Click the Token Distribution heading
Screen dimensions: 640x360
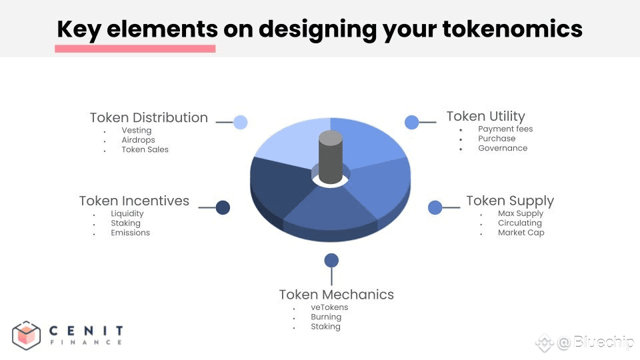(149, 117)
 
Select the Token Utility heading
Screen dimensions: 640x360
(486, 116)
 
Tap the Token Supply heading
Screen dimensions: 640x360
(510, 201)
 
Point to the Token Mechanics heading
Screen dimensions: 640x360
(336, 294)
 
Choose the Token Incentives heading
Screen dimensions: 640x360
(134, 201)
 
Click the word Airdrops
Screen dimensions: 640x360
(139, 140)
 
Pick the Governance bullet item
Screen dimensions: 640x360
(503, 148)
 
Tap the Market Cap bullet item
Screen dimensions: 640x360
(521, 233)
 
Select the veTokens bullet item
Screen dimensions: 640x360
(329, 307)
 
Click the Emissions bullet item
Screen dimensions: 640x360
(130, 233)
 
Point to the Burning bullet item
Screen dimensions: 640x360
(326, 317)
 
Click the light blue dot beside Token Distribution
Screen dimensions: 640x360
(241, 122)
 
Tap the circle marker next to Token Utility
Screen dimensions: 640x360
(412, 122)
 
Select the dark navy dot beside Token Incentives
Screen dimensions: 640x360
(223, 207)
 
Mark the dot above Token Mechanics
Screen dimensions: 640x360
(331, 261)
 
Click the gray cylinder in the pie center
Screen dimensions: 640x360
(331, 157)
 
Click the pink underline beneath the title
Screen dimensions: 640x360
(135, 49)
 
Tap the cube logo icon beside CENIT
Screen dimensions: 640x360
(26, 335)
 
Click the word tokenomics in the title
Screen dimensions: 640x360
(513, 29)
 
